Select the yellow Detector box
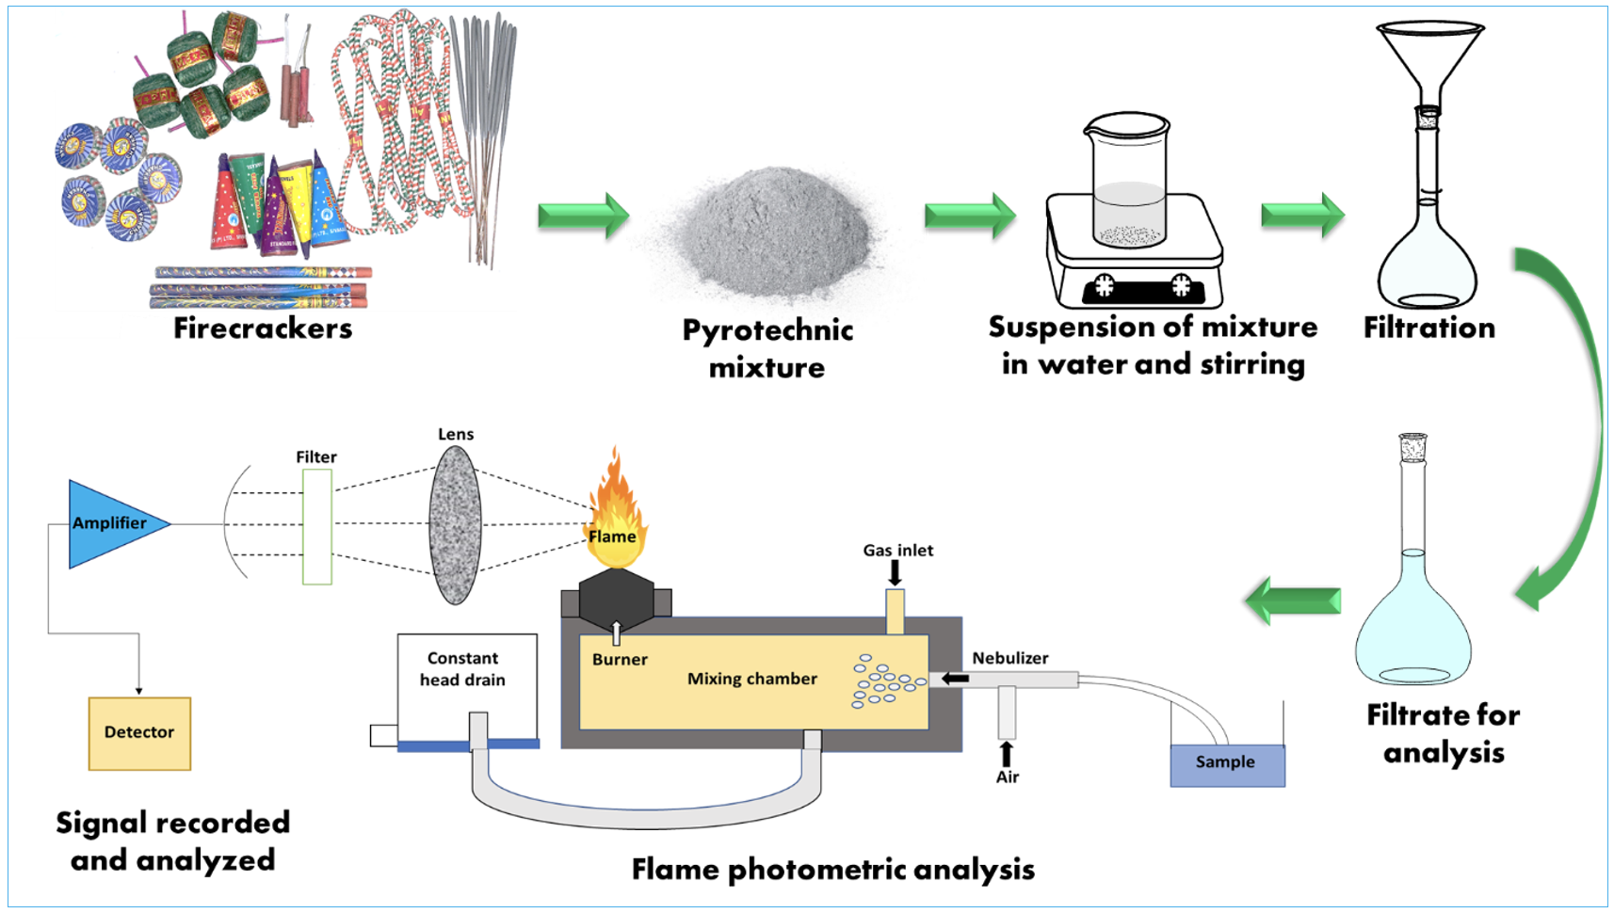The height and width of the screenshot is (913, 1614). pos(139,733)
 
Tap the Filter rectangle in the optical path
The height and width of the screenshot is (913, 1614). pos(317,527)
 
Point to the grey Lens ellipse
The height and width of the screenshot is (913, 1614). pos(456,525)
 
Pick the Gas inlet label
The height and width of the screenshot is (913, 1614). pos(897,551)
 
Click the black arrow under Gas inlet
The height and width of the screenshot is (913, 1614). pos(895,572)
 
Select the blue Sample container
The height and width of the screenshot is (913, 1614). pos(1226,763)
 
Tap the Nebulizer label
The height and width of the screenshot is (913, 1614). pos(1010,658)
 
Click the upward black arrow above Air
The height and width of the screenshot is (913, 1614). pos(1007,754)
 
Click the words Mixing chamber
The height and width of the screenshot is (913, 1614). pos(751,679)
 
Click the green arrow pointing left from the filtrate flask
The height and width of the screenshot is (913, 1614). pos(1293,601)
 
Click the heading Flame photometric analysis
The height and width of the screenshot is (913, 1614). pos(832,869)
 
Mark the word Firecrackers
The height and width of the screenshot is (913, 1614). pos(263,328)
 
